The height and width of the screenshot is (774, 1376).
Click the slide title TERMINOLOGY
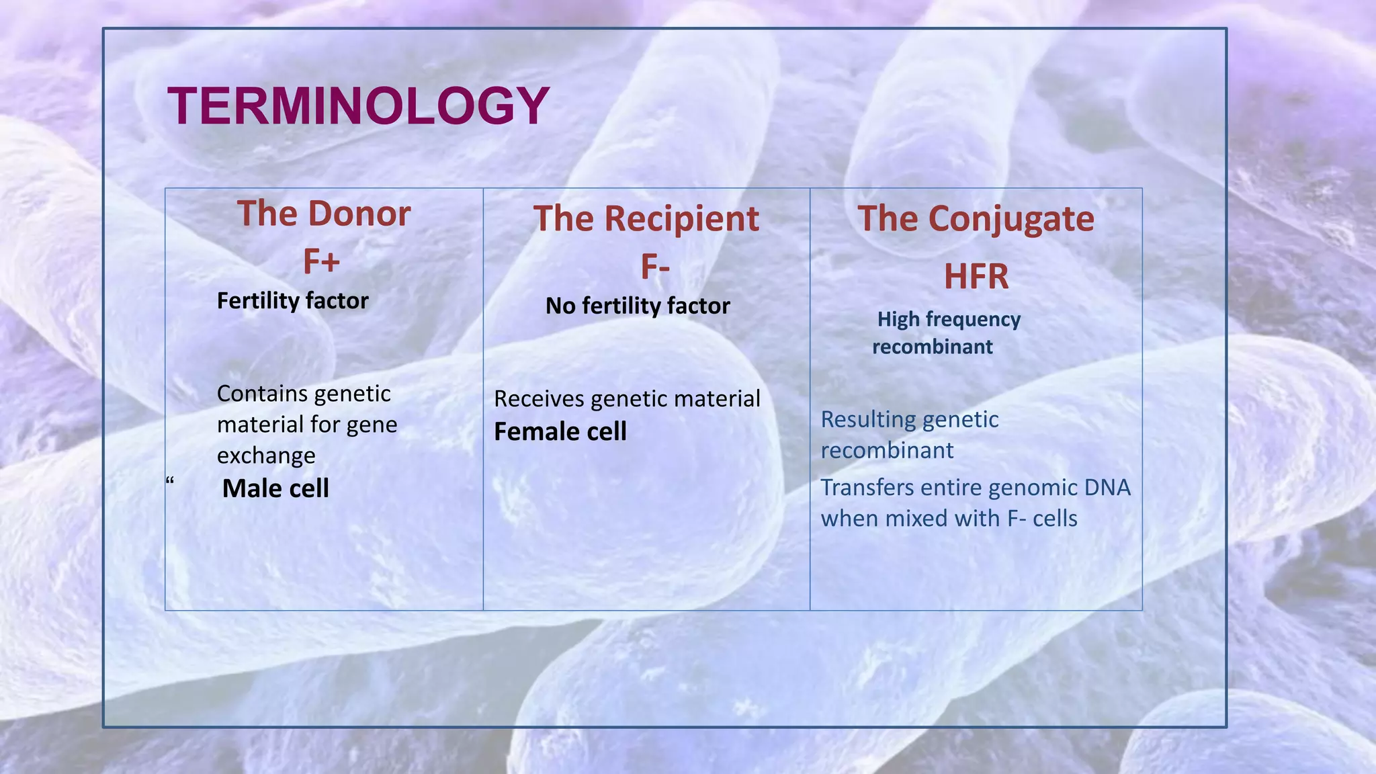tap(358, 106)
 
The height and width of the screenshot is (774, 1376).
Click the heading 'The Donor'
tap(323, 214)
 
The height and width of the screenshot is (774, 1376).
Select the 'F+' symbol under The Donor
tap(321, 261)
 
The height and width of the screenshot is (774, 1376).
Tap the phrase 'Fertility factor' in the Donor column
tap(292, 300)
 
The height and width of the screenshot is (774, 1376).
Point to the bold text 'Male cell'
tap(275, 488)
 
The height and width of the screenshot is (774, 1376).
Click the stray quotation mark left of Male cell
tap(169, 480)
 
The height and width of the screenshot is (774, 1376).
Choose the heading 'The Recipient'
tap(646, 219)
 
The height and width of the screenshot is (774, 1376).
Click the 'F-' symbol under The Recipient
tap(654, 267)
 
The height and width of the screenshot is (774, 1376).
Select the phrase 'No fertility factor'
tap(637, 306)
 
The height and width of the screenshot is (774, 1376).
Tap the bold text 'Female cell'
tap(560, 431)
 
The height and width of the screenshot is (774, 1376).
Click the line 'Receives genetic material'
tap(627, 398)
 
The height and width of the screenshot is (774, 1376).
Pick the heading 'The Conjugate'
tap(976, 219)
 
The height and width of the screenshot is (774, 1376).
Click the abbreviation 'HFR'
tap(976, 276)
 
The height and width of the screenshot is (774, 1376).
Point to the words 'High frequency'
tap(949, 319)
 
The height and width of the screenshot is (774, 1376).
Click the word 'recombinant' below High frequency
tap(932, 347)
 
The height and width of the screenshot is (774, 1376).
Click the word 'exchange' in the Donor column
tap(266, 456)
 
